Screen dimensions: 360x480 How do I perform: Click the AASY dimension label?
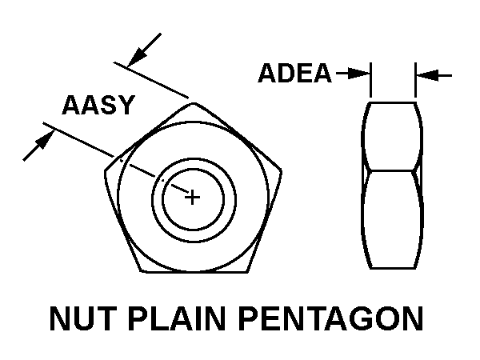[98, 106]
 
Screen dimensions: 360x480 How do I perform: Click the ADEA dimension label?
[294, 74]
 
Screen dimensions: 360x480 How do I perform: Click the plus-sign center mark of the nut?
[192, 195]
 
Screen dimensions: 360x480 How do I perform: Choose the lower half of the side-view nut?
[392, 220]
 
